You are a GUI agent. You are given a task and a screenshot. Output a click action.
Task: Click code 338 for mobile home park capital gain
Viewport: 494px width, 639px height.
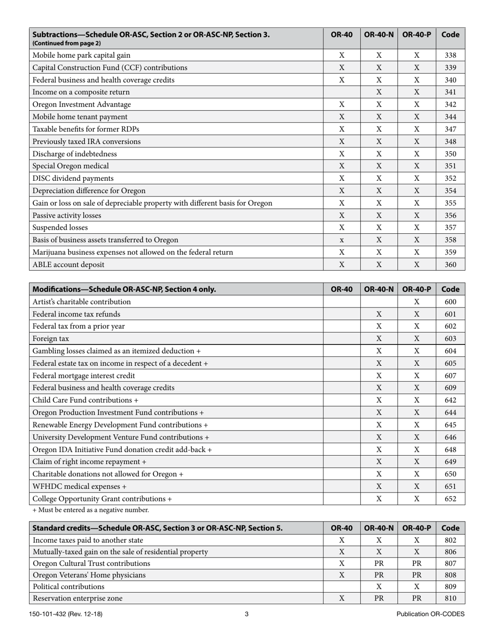[x=450, y=55]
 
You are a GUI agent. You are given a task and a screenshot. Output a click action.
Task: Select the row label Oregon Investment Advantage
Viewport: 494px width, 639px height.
[x=82, y=104]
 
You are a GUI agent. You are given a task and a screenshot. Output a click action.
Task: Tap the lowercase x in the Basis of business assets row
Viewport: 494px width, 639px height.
[x=342, y=240]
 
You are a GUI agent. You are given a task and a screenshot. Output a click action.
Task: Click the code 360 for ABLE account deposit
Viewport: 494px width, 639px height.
[x=450, y=264]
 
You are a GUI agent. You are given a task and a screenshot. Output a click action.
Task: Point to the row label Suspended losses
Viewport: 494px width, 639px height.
[x=60, y=228]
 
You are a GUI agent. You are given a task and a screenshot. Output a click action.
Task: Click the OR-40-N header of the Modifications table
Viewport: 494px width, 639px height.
[x=379, y=289]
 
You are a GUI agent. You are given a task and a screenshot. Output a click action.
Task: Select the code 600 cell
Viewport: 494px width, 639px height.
[x=450, y=302]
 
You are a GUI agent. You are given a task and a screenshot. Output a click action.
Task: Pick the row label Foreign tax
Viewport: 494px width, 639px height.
[x=50, y=339]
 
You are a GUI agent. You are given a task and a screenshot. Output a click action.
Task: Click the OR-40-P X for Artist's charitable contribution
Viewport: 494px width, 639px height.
[x=417, y=302]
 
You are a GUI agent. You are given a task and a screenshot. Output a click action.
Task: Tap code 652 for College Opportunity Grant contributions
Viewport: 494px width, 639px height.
[x=450, y=499]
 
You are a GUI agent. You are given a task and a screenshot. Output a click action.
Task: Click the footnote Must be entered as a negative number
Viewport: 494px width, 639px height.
[x=90, y=510]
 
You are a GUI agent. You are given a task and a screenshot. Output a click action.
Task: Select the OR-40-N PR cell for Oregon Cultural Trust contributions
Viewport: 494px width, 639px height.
[x=379, y=563]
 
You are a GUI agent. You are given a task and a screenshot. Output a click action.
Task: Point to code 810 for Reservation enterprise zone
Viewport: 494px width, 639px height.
[x=450, y=598]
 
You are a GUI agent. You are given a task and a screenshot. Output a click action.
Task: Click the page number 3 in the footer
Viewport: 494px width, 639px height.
[x=246, y=614]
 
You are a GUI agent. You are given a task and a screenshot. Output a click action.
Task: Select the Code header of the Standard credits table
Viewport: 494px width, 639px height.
[x=450, y=528]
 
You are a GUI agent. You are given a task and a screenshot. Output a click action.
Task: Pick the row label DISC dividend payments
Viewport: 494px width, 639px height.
[x=73, y=178]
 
